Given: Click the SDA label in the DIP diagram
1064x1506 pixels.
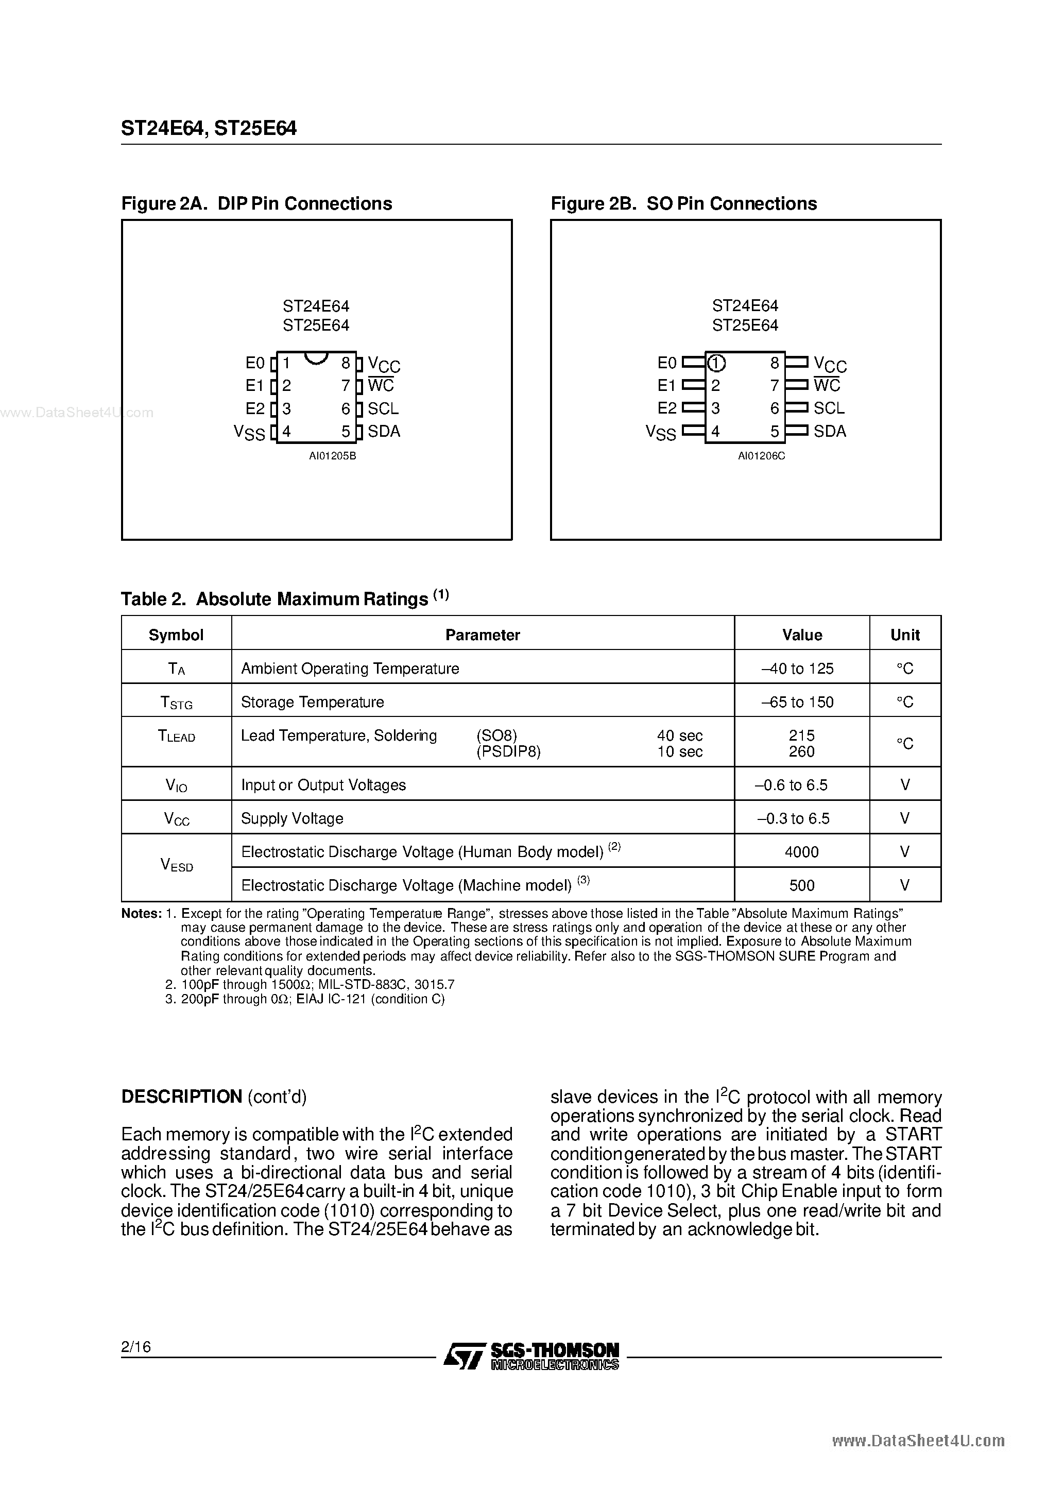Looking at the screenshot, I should click(384, 431).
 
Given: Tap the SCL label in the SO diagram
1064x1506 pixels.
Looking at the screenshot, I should click(829, 408).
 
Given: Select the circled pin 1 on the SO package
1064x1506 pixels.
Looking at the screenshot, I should click(716, 363).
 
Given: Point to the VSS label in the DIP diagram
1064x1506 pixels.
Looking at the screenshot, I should click(249, 432).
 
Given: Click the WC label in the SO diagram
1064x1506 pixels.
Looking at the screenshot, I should click(827, 385).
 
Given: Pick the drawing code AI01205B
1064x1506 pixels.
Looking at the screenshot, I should click(333, 456).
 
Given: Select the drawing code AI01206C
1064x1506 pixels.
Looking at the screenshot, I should click(761, 456).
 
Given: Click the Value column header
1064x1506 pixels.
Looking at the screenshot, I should click(802, 634).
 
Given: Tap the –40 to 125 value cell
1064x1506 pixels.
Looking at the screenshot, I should click(798, 669).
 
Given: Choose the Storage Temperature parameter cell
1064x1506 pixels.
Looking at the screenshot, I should click(312, 702).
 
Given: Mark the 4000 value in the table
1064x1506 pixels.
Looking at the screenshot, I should click(802, 852).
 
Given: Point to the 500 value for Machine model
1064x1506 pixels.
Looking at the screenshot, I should click(802, 885).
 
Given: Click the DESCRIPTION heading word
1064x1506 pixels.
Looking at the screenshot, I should click(182, 1097).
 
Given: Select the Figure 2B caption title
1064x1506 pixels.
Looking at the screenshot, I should click(683, 203).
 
